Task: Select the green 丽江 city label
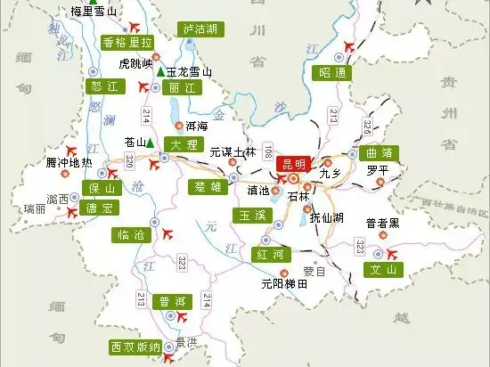[184, 88]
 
